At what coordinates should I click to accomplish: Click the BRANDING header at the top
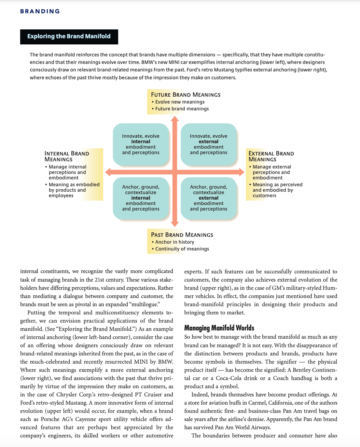[40, 11]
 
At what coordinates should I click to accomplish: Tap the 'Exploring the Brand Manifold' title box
[69, 37]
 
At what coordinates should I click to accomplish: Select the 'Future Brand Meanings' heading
[185, 95]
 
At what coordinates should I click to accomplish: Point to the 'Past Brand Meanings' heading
[182, 235]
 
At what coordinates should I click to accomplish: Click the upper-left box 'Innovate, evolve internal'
[141, 144]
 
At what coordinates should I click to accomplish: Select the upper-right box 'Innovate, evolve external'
[208, 144]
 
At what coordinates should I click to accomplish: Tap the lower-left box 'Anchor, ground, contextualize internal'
[141, 198]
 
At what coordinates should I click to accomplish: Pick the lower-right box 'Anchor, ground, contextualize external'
[208, 198]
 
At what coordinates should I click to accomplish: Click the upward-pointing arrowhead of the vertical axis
[175, 119]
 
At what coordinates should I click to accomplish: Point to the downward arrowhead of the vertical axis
[175, 224]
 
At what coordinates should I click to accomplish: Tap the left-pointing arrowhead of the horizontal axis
[108, 172]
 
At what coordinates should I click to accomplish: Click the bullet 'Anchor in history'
[175, 242]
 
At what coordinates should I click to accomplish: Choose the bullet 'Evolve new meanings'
[180, 102]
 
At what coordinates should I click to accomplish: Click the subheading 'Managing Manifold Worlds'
[219, 328]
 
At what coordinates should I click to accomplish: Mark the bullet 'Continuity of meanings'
[182, 249]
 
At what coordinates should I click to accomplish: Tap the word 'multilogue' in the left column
[144, 304]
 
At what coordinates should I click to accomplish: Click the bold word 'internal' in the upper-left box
[141, 141]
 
